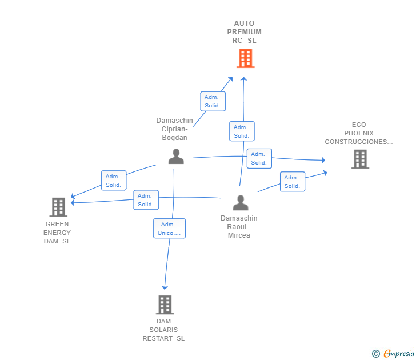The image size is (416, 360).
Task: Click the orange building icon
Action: (245, 58)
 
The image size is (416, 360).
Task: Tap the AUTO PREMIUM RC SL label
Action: (244, 32)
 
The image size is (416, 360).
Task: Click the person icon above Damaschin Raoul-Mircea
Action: (241, 203)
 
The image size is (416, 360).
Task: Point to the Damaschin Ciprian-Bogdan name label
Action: (175, 129)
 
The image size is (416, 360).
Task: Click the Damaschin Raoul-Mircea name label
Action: (239, 226)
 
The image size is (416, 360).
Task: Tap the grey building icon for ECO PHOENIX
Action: (360, 159)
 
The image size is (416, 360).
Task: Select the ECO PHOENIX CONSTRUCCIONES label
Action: (359, 133)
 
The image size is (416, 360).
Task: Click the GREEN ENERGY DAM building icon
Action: (58, 207)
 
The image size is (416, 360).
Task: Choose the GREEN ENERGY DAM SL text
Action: (57, 233)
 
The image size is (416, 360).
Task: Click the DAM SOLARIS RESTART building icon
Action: (165, 305)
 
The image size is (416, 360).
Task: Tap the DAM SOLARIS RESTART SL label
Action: (163, 330)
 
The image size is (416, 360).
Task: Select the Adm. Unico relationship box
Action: (169, 229)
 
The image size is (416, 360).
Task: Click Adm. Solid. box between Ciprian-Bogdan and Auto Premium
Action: (213, 101)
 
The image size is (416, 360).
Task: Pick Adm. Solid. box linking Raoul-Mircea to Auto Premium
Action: (242, 131)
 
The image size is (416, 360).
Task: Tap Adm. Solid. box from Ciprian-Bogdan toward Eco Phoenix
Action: (259, 158)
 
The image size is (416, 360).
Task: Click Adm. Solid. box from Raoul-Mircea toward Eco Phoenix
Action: (293, 182)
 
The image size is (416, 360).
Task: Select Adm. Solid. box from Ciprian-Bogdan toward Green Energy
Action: (114, 181)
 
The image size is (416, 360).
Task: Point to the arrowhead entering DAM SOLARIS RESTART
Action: (165, 287)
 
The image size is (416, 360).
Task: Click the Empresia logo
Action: (393, 353)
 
